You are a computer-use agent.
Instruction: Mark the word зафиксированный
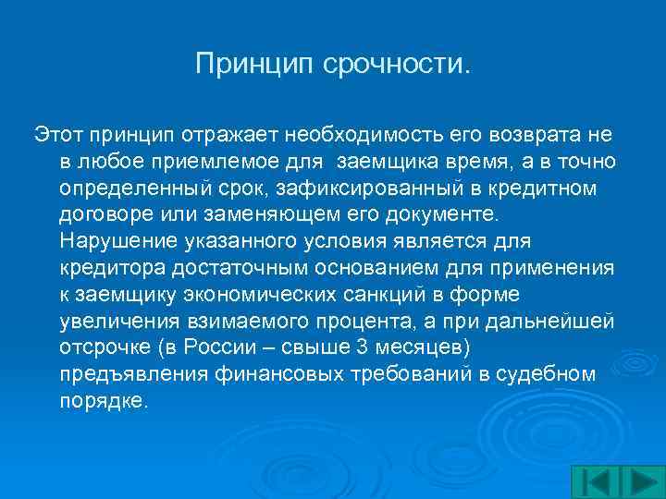338,189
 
